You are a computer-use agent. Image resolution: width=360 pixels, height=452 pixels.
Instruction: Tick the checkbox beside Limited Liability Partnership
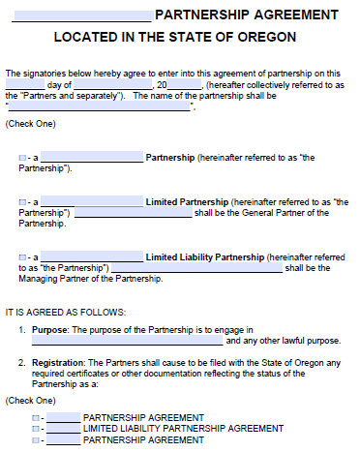tap(21, 256)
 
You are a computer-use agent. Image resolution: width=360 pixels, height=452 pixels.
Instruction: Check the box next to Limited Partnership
tap(21, 201)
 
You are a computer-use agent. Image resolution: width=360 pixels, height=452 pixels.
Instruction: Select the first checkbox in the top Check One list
tap(21, 157)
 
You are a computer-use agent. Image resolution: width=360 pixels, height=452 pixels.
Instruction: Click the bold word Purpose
tap(47, 331)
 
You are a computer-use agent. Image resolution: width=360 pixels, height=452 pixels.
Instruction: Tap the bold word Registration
tap(56, 364)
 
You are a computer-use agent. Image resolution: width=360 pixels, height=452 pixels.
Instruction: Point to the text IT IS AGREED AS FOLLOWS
tap(66, 312)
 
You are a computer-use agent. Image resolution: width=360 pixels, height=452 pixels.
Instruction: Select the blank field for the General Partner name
tap(132, 213)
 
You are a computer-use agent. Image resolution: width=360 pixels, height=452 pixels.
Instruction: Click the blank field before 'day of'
tap(24, 84)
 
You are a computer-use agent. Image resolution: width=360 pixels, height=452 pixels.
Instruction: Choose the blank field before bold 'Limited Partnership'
tap(92, 201)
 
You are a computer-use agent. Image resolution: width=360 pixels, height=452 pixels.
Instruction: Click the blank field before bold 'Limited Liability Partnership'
tap(92, 256)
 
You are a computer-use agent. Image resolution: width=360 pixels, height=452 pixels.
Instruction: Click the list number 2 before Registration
tap(21, 364)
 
